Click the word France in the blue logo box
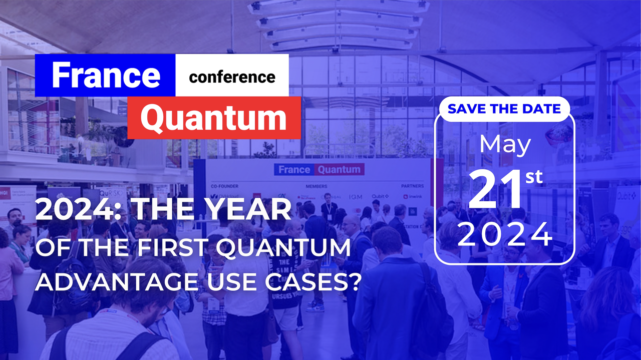pos(106,75)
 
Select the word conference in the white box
pos(232,77)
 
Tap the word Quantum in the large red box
pos(213,118)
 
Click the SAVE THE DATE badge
pos(504,109)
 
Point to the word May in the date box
pos(505,145)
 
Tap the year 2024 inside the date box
pos(505,234)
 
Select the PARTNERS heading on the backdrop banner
pos(412,186)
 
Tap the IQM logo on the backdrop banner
pos(356,197)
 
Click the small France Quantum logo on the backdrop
pos(319,169)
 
